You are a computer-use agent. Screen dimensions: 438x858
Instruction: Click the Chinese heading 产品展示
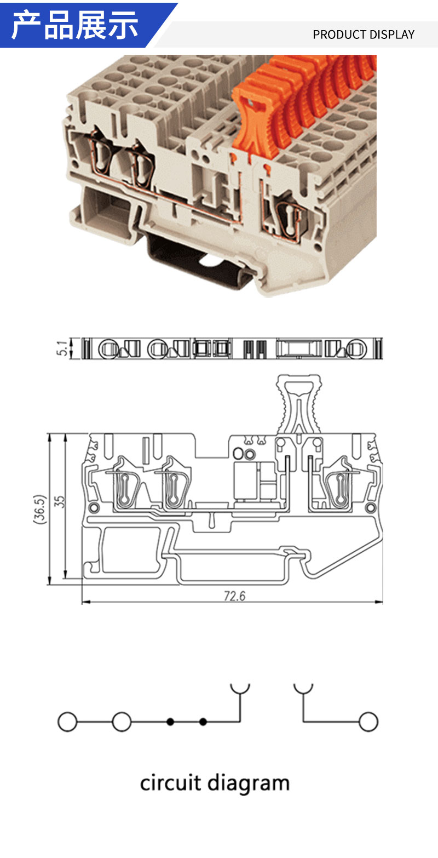74,25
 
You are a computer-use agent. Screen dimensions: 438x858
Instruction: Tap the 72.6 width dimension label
234,596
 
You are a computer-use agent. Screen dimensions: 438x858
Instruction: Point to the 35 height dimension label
60,502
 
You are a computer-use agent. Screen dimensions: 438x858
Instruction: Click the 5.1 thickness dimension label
62,348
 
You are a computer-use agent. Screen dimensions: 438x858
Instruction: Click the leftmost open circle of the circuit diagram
67,722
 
